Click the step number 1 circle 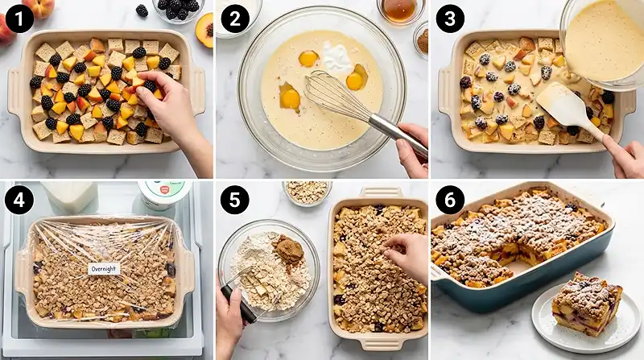19,19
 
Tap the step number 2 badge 235,19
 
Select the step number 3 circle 450,19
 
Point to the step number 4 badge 19,201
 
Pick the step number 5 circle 235,201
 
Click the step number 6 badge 450,201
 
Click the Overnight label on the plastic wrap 104,269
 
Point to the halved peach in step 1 204,30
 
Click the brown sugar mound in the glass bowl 288,248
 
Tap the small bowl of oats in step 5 308,192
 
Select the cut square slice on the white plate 587,304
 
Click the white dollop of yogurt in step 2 337,57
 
